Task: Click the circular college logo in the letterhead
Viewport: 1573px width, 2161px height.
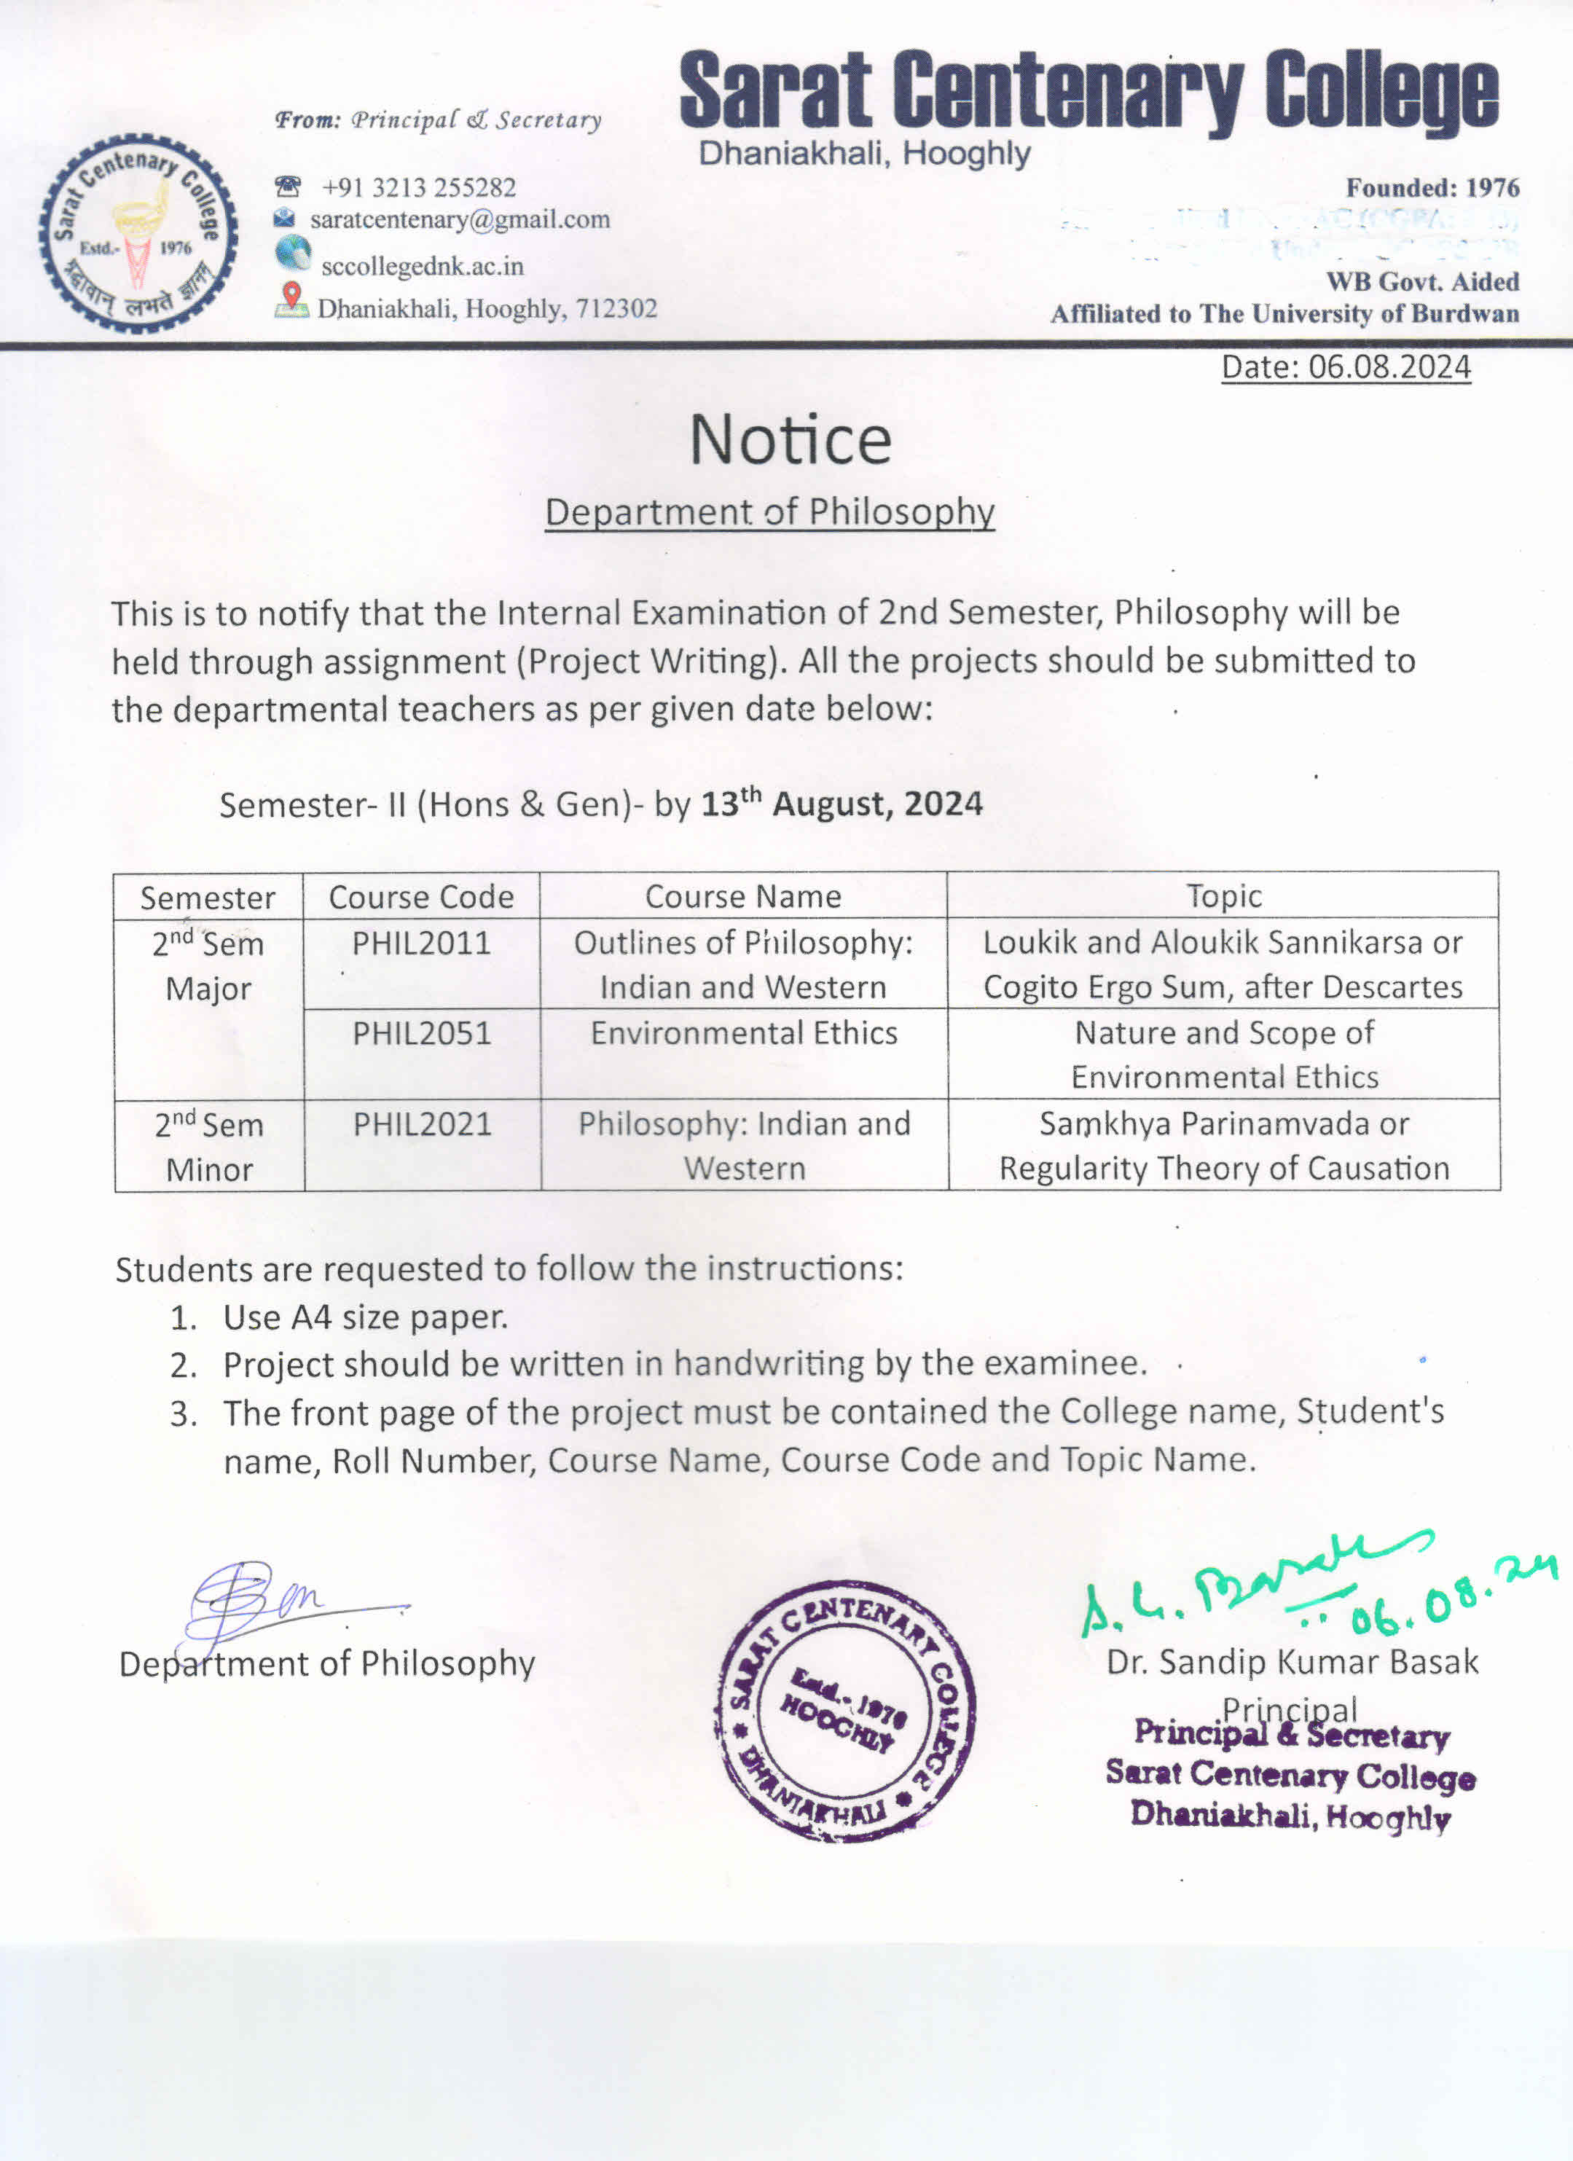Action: coord(138,233)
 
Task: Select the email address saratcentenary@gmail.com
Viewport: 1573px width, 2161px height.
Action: coord(459,219)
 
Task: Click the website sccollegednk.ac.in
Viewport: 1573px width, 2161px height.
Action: coord(422,266)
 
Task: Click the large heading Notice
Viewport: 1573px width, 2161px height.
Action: coord(790,439)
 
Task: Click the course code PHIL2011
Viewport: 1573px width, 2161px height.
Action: coord(421,944)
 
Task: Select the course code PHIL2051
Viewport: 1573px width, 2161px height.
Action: coord(421,1033)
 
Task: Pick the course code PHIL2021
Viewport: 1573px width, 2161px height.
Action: coord(422,1124)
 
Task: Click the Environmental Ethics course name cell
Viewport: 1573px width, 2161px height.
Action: coord(743,1033)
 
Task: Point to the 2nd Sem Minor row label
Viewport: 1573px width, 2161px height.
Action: coord(208,1146)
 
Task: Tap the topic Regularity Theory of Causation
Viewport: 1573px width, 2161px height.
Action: coord(1223,1168)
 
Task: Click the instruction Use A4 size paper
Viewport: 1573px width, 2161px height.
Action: coord(365,1317)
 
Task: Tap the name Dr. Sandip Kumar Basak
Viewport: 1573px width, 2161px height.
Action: coord(1291,1662)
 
